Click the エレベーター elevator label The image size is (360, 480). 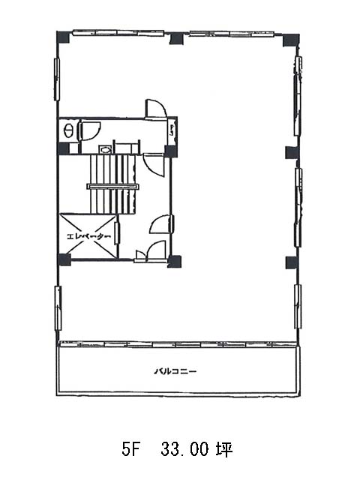(88, 237)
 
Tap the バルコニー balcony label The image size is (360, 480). (175, 372)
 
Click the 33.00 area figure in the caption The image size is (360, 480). (185, 449)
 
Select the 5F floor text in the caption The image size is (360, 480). (130, 449)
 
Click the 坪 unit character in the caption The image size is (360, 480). (225, 449)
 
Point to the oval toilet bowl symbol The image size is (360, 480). (67, 131)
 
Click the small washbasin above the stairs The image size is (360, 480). (105, 149)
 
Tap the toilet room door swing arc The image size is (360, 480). (89, 130)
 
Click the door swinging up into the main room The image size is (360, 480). (155, 108)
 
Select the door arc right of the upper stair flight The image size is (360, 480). (154, 165)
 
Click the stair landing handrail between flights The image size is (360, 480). (113, 187)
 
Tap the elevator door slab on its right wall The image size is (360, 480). (117, 233)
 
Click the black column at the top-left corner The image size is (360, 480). (63, 37)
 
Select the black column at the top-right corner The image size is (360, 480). (290, 40)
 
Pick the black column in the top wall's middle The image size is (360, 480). (176, 38)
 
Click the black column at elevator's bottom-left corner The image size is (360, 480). (64, 259)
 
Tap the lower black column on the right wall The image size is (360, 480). (292, 262)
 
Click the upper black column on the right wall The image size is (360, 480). (292, 152)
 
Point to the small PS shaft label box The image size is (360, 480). (172, 131)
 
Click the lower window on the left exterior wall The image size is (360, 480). (58, 308)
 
